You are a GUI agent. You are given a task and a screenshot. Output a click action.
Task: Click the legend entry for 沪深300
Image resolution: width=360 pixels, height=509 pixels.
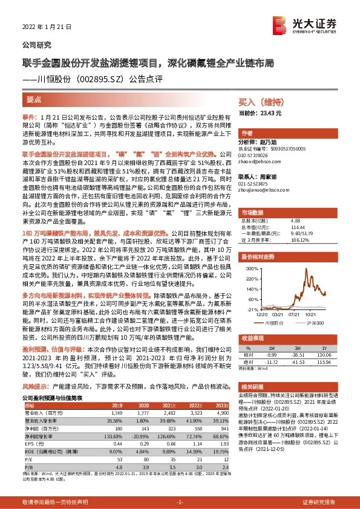pyautogui.click(x=314, y=323)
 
